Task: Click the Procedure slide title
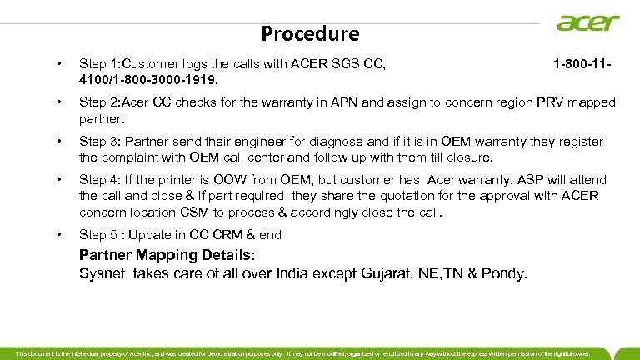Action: click(x=310, y=34)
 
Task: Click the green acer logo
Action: click(x=588, y=22)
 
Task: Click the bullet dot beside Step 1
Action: click(x=57, y=62)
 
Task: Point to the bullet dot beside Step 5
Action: click(x=57, y=235)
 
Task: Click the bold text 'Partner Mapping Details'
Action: click(x=168, y=255)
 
